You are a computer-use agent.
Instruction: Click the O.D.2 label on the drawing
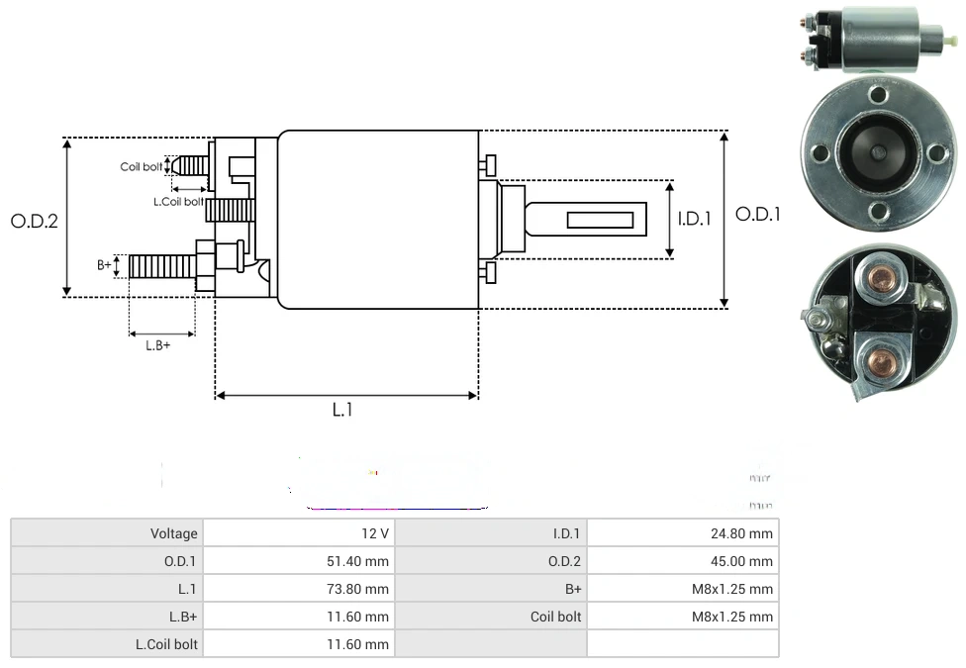coord(35,221)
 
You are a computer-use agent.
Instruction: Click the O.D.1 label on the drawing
coord(759,214)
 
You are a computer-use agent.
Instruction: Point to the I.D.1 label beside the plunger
coord(694,219)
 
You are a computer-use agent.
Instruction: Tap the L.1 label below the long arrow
coord(341,410)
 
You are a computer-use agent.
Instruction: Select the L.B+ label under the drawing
coord(157,345)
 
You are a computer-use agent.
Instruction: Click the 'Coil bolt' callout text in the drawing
coord(141,166)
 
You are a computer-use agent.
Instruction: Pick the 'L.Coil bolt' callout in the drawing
coord(178,201)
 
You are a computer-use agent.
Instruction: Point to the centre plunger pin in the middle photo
coord(879,152)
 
